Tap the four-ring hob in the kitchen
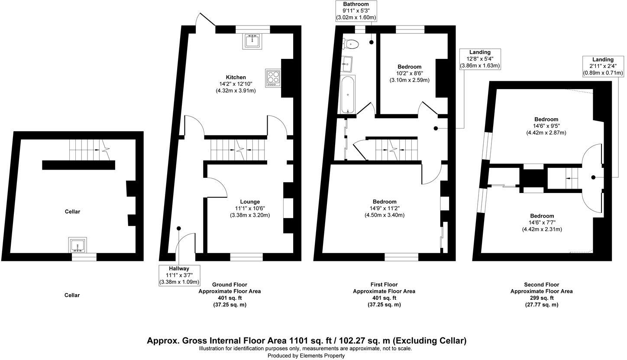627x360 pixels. (x=273, y=78)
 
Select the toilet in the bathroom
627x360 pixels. (x=350, y=44)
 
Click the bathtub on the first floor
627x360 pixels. (x=348, y=94)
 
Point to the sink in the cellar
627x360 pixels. (x=78, y=245)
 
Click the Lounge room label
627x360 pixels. (x=250, y=202)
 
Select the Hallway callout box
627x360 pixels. (x=179, y=275)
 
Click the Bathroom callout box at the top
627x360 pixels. (x=356, y=11)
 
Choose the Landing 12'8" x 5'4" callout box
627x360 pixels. (x=479, y=59)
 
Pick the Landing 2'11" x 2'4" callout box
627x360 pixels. (x=603, y=66)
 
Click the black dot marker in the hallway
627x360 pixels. (x=179, y=228)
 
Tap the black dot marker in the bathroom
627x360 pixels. (x=372, y=42)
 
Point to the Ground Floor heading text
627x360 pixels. (x=229, y=285)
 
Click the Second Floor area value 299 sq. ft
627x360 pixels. (x=541, y=298)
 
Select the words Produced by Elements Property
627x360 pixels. (x=306, y=356)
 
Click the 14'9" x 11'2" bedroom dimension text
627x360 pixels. (x=385, y=208)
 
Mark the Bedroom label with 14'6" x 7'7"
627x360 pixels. (x=542, y=216)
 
